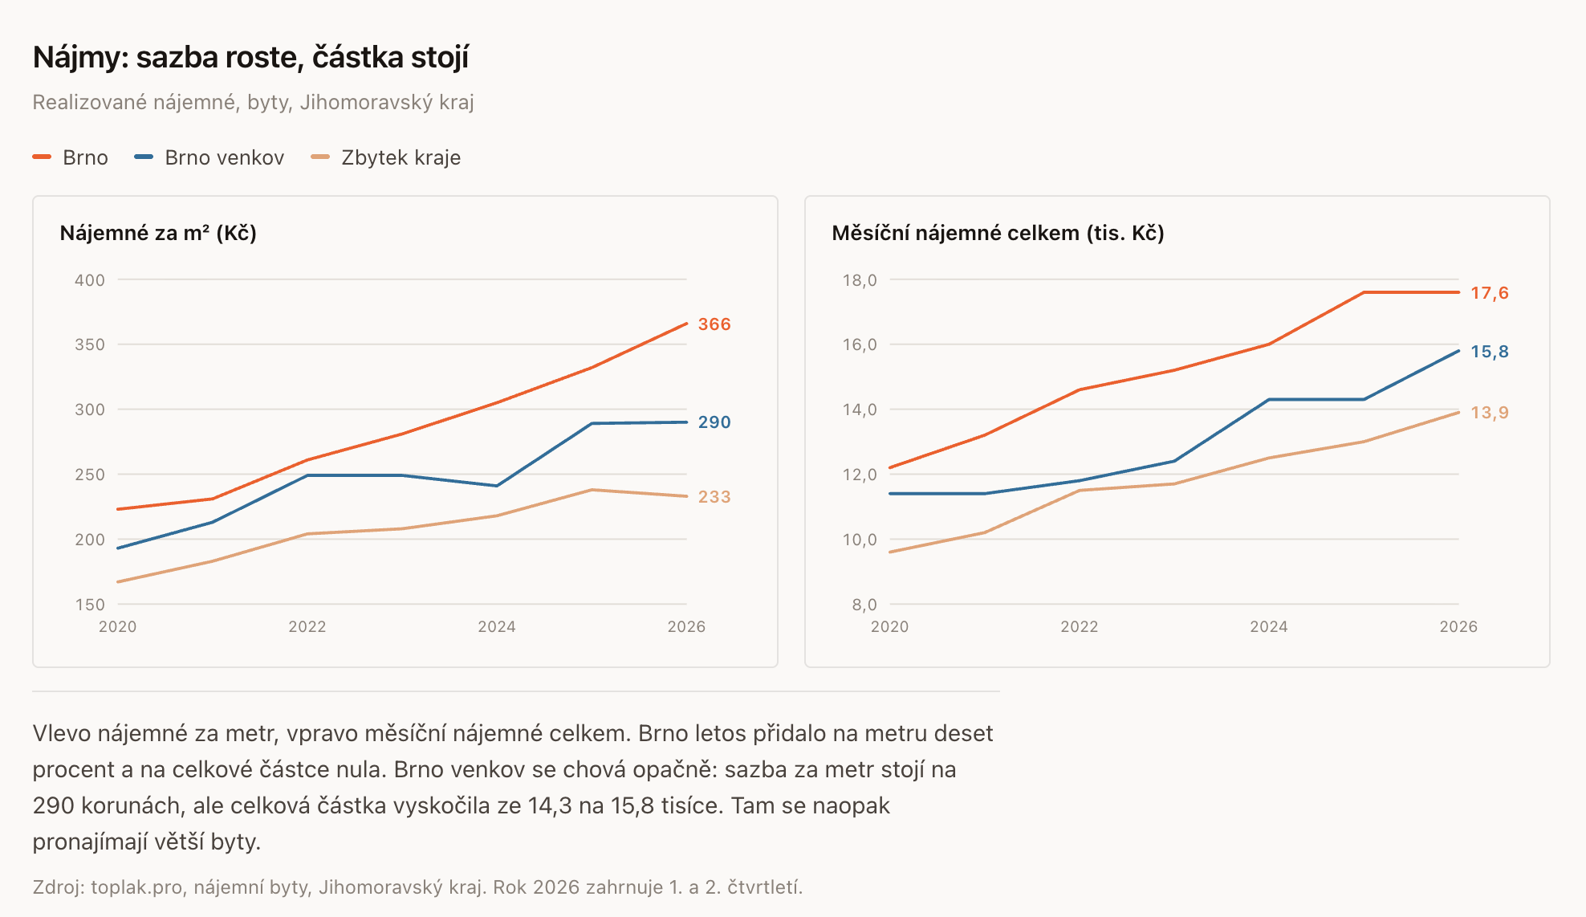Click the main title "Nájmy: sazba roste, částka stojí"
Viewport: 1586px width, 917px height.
click(250, 58)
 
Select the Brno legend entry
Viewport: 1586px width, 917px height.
click(71, 157)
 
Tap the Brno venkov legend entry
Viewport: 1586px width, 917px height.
click(209, 157)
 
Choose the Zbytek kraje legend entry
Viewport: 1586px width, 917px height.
click(386, 157)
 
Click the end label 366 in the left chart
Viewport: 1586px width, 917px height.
click(714, 324)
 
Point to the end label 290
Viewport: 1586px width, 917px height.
click(714, 422)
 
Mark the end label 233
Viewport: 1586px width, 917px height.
click(714, 497)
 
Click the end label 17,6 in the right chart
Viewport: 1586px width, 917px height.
click(1490, 293)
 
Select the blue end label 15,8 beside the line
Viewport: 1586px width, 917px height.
click(1490, 352)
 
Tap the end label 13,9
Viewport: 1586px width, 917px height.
click(1490, 413)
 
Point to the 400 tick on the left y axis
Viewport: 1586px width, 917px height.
click(90, 280)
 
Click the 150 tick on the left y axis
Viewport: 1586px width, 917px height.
click(90, 605)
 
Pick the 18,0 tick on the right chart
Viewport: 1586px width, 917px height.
click(860, 280)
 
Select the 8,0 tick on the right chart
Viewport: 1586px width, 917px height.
click(864, 605)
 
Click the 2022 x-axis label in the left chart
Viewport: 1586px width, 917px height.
click(307, 626)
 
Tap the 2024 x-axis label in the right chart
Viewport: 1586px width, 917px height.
click(1269, 626)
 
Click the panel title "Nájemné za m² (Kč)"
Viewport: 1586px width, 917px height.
click(158, 233)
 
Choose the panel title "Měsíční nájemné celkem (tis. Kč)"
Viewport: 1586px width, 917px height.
click(998, 233)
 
